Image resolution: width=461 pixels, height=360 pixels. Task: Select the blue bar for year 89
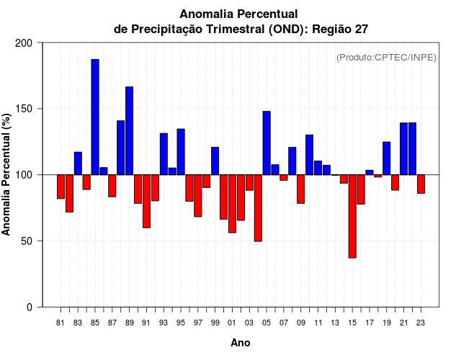click(130, 130)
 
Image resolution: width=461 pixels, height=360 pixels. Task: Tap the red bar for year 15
click(352, 216)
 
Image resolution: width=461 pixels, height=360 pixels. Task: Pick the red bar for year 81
click(61, 186)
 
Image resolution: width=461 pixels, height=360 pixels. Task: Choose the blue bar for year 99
click(215, 161)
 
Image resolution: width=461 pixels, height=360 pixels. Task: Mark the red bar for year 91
click(146, 201)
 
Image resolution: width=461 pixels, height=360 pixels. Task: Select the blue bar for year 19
click(387, 158)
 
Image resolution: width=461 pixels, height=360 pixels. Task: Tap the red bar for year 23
click(421, 184)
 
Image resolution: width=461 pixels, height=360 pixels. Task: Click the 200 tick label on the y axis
click(24, 43)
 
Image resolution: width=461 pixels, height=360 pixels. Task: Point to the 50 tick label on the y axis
click(27, 241)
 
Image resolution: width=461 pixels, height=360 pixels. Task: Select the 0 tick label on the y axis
click(30, 307)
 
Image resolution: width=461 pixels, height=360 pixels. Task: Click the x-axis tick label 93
click(164, 323)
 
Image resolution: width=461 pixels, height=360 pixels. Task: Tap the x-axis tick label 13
click(335, 323)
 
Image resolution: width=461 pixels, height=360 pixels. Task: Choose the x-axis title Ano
click(241, 343)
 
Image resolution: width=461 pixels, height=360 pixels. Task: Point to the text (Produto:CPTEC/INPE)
click(386, 57)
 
